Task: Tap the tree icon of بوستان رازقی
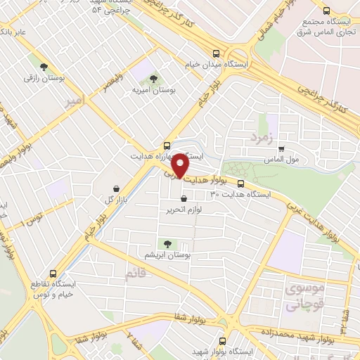tap(44, 67)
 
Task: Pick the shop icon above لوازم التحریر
tap(184, 198)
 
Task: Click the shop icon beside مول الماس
tap(281, 148)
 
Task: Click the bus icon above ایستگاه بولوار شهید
tap(232, 340)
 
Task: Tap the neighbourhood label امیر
tap(73, 102)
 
